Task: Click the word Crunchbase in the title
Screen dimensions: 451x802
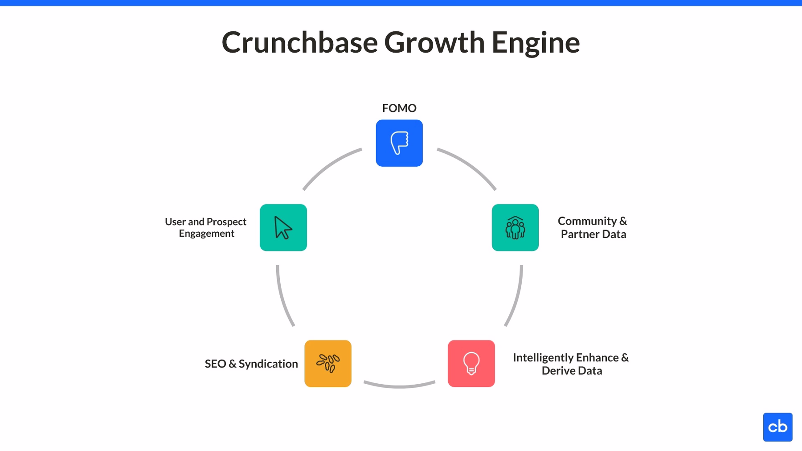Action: click(x=299, y=43)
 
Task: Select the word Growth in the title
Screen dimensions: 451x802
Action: click(x=434, y=43)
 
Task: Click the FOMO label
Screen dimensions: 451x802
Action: click(x=399, y=108)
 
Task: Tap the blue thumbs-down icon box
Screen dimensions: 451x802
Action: click(x=399, y=143)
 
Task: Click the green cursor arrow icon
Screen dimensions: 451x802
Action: click(x=283, y=228)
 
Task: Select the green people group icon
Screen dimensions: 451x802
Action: click(x=515, y=228)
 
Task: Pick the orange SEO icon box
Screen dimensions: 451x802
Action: click(x=328, y=364)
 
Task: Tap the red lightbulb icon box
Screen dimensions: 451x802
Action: click(x=471, y=364)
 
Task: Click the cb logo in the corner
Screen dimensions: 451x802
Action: click(x=777, y=427)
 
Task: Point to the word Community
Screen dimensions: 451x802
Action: click(x=587, y=221)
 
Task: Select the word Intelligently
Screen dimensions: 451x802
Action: click(x=543, y=358)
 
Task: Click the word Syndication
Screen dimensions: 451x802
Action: click(x=268, y=364)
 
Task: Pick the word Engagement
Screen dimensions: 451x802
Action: click(x=207, y=234)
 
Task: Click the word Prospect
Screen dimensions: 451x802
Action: click(x=226, y=222)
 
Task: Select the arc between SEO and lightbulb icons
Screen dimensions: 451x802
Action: click(x=399, y=386)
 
